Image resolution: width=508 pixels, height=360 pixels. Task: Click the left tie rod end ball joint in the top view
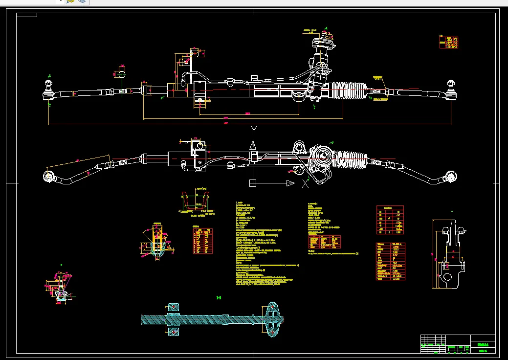coord(48,91)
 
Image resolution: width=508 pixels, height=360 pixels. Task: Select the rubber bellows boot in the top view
coord(349,90)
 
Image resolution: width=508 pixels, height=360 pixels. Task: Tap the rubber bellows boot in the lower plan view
coord(351,160)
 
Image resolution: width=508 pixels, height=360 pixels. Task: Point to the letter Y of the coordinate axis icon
coord(253,130)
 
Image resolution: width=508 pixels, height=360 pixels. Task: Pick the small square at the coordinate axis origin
coord(252,183)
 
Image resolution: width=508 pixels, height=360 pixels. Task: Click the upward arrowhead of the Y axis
coord(253,146)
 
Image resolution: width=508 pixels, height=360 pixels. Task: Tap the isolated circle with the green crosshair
coord(120,74)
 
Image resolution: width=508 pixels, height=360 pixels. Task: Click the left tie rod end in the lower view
coord(48,176)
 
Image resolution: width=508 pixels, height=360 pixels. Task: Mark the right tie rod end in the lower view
coord(450,177)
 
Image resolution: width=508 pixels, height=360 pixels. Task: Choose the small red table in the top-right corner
coord(448,42)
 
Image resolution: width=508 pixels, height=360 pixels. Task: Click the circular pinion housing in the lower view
coord(323,157)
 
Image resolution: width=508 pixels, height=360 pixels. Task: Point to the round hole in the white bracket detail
coord(447,276)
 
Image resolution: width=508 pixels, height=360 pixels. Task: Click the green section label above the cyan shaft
coord(219,297)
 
